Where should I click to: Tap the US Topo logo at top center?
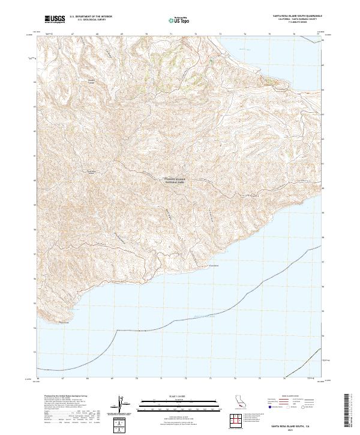tap(178, 20)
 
